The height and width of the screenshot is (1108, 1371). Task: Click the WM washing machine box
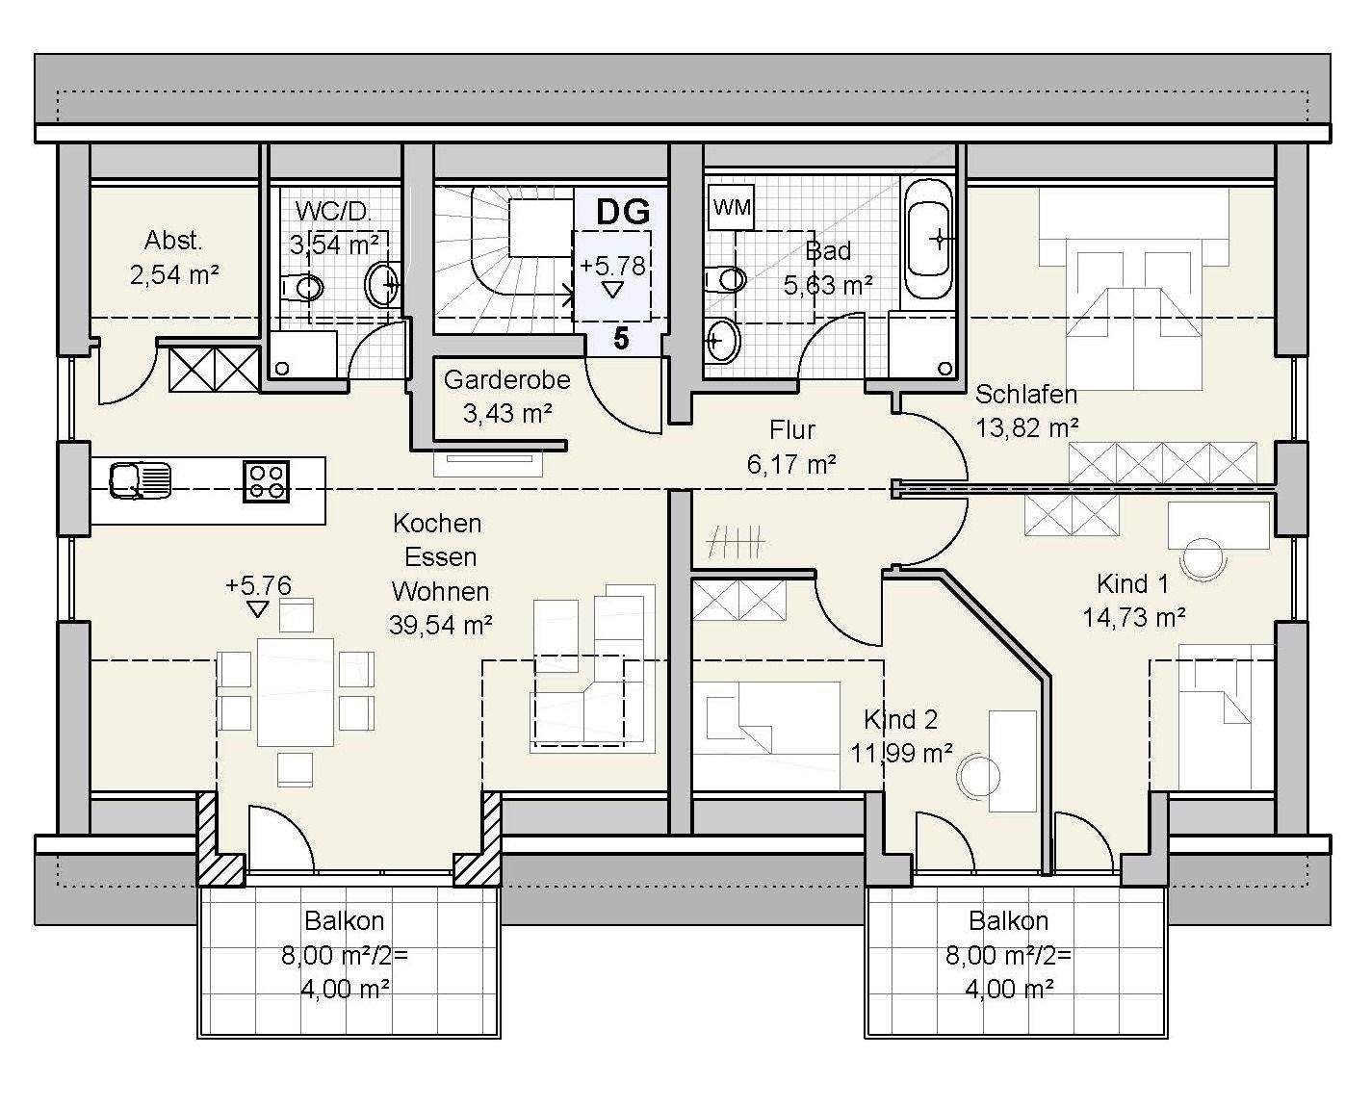732,208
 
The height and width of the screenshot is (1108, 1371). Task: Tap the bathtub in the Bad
928,240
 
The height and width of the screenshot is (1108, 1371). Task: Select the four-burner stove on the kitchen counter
266,481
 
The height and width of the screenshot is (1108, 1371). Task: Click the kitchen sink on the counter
140,481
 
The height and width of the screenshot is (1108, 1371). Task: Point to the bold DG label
623,212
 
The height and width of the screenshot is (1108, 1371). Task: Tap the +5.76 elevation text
259,585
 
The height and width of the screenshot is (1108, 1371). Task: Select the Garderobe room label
507,379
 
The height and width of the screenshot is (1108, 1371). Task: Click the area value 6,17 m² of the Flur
791,463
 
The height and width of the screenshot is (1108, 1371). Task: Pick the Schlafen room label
1026,394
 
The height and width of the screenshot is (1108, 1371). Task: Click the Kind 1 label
1132,584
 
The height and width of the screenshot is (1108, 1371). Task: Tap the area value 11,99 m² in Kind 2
902,752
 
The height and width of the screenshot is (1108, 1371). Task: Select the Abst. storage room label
173,241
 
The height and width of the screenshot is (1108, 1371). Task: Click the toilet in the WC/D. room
302,288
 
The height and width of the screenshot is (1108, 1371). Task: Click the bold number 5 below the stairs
621,339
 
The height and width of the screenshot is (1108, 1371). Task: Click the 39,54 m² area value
441,624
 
